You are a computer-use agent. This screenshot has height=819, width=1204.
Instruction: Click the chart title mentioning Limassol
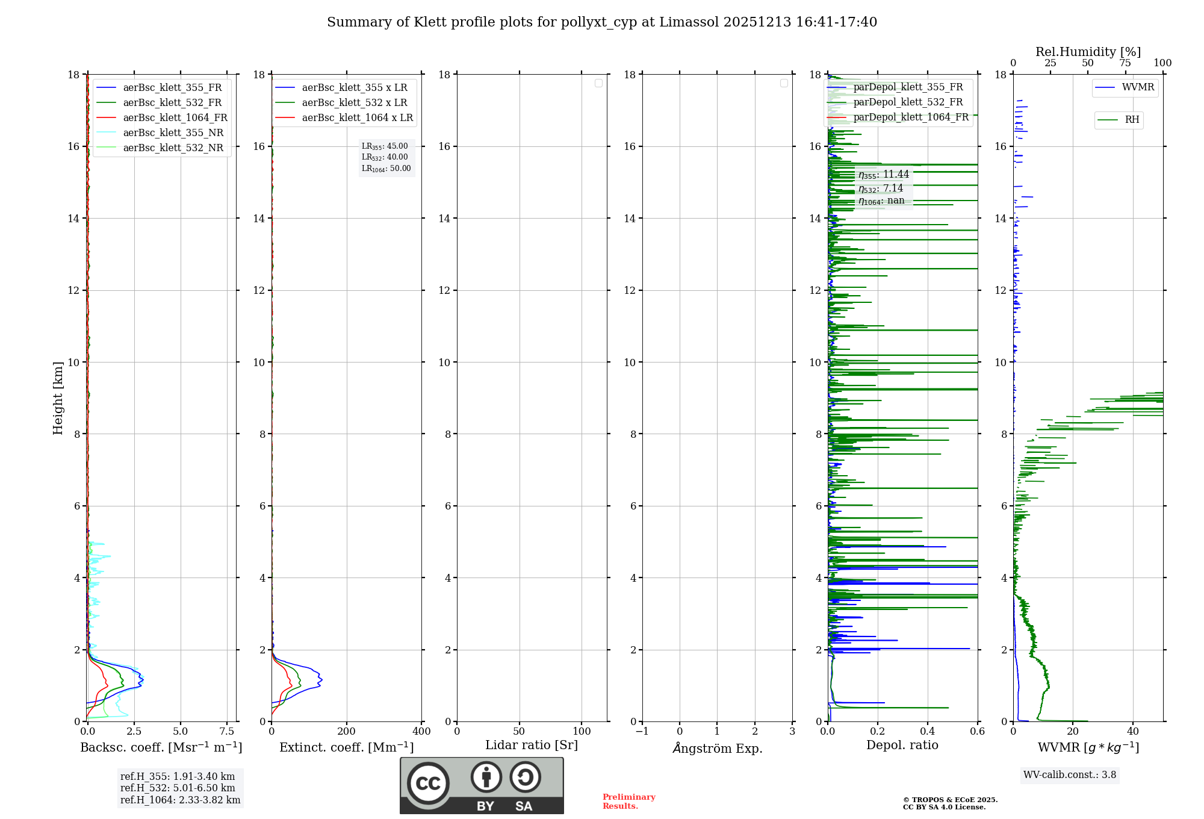[602, 22]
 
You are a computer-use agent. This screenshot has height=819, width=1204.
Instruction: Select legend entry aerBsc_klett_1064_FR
[175, 118]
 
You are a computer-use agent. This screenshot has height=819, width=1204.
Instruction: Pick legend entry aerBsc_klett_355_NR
[173, 133]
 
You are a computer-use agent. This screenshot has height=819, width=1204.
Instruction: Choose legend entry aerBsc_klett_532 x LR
[354, 103]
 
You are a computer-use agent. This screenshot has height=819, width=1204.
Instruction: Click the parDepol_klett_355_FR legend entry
[908, 87]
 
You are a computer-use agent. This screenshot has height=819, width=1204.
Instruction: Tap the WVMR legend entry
[1138, 87]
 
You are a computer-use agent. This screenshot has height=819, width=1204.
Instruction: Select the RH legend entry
[1132, 120]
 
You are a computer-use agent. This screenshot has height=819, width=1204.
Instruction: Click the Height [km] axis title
[58, 397]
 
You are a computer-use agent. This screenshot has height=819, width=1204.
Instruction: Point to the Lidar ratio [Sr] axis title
[532, 745]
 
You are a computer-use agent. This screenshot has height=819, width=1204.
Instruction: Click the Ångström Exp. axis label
[718, 748]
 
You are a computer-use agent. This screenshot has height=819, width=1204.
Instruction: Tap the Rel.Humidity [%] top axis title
[1088, 52]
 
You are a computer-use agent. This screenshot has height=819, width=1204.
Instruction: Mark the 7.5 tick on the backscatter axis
[227, 732]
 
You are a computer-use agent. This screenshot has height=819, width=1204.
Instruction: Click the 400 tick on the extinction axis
[421, 732]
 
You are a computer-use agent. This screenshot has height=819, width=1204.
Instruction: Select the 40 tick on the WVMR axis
[1133, 732]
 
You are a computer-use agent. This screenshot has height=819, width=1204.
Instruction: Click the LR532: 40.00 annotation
[385, 157]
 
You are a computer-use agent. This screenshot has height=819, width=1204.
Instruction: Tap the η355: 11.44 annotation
[883, 175]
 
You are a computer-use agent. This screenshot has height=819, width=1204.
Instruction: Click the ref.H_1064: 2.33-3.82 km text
[180, 800]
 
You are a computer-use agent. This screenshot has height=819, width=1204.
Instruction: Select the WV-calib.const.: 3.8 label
[1070, 775]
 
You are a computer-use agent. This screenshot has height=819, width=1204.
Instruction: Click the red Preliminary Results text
[628, 802]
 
